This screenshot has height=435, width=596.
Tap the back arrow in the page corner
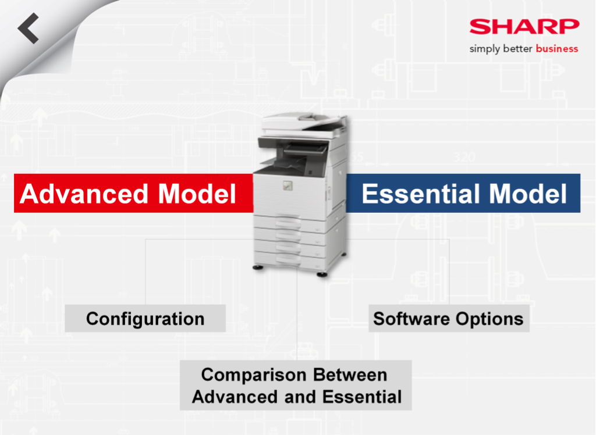(28, 28)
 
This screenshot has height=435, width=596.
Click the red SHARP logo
(524, 27)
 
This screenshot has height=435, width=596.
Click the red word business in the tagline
(557, 49)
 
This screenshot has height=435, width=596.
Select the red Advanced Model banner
(133, 193)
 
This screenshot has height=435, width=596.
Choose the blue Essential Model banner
(463, 193)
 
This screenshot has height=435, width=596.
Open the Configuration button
(145, 318)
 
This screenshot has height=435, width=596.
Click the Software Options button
(449, 318)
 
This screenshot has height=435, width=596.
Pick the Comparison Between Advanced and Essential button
(296, 385)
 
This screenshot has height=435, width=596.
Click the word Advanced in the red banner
(84, 194)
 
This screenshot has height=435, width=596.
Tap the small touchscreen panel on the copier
(288, 186)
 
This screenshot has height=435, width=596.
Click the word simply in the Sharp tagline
(485, 49)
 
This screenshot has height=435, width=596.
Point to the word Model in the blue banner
(528, 194)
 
